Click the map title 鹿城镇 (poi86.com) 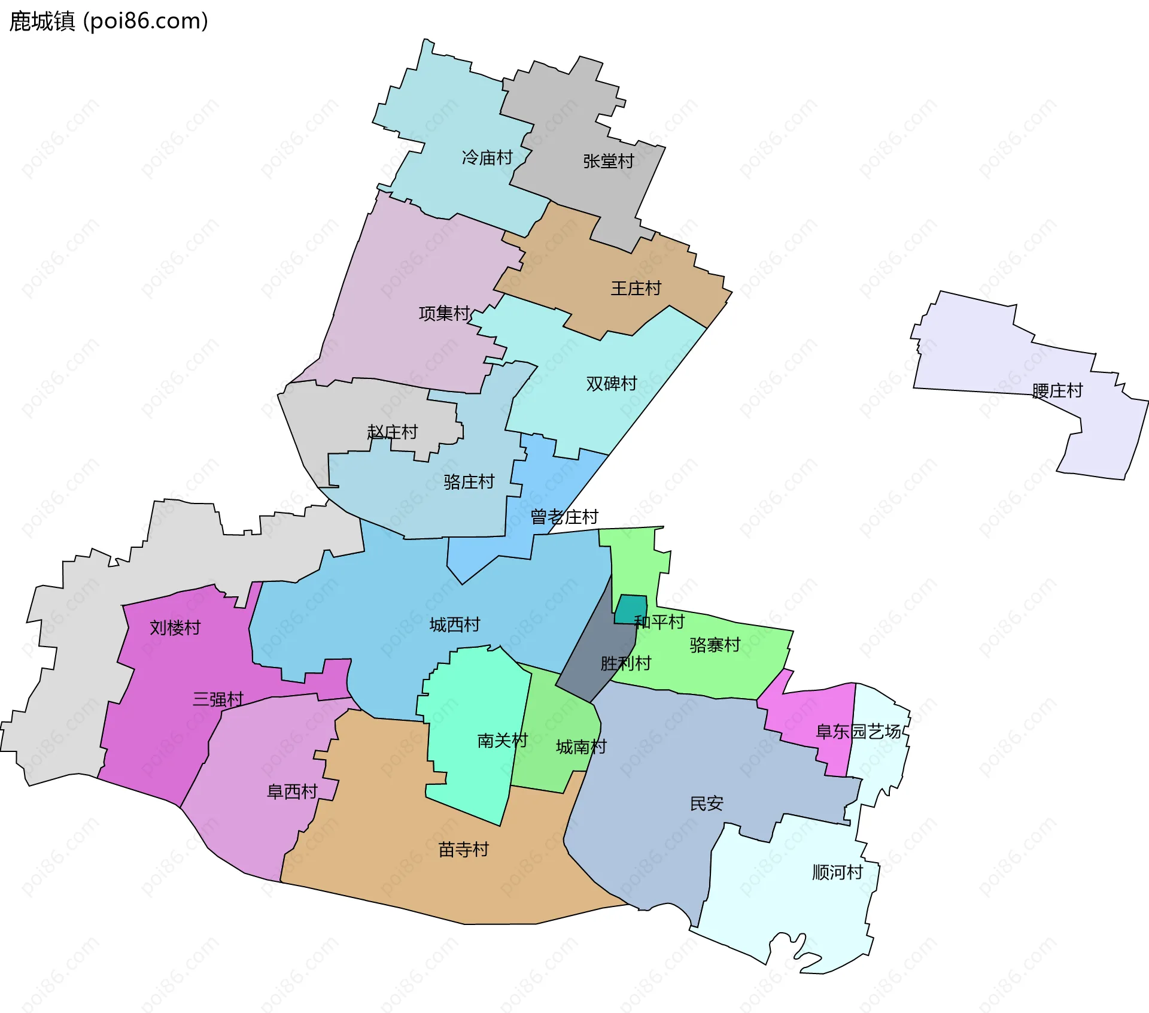(108, 22)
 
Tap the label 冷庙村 (487, 157)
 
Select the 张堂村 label (608, 161)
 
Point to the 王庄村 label (636, 289)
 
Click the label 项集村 (444, 313)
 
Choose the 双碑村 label (611, 384)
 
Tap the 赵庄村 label (392, 432)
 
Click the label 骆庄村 (469, 482)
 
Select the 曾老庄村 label (564, 517)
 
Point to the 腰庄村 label (1057, 391)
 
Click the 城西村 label (455, 625)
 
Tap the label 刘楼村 (175, 628)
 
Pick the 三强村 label (218, 699)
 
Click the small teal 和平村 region (630, 608)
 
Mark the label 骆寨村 (715, 645)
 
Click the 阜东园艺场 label (858, 731)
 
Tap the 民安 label (706, 803)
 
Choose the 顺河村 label (837, 872)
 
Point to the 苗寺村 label (463, 850)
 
